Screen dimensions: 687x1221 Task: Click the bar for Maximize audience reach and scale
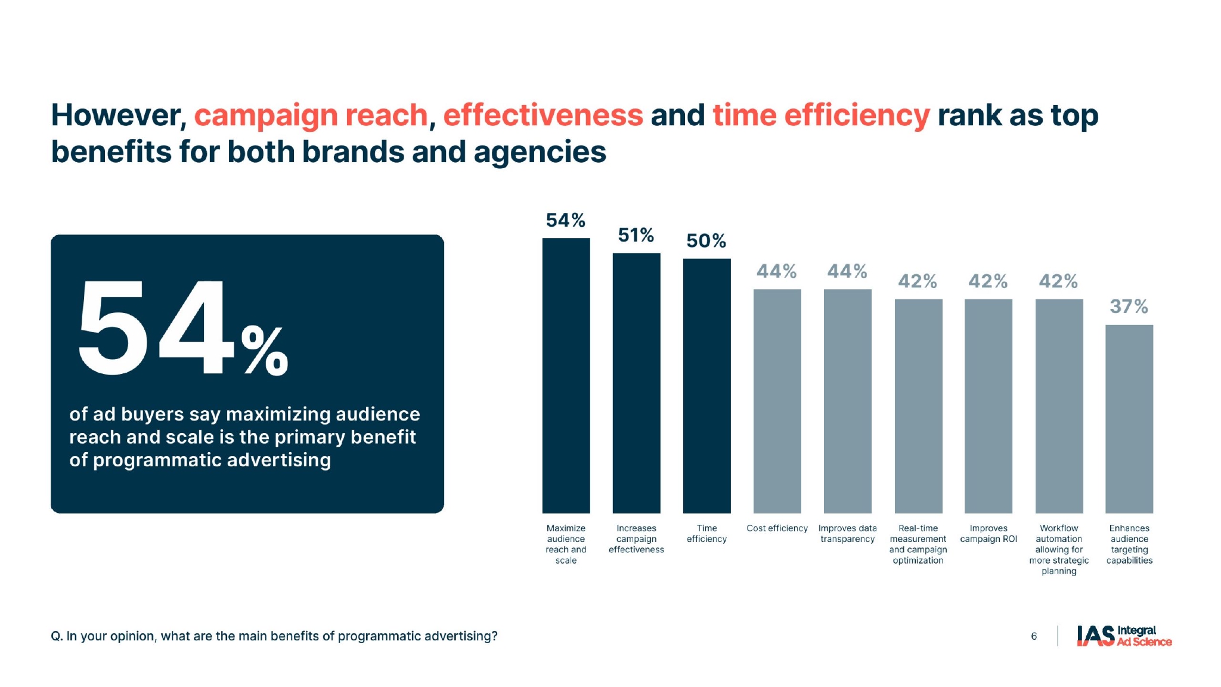[x=566, y=375]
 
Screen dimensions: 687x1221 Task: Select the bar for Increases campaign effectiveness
[x=636, y=383]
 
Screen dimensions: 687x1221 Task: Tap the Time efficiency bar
[x=706, y=385]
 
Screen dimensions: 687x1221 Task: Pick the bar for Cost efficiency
[x=777, y=401]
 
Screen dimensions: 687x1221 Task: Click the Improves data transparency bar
[x=847, y=401]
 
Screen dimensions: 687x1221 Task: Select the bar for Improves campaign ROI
[x=988, y=406]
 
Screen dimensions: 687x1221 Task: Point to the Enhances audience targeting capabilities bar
[x=1129, y=419]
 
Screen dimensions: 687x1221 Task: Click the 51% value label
[x=636, y=236]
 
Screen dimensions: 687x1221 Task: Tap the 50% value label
[x=706, y=241]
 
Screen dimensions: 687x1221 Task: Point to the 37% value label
[x=1129, y=307]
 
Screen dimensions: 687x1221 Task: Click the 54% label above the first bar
[x=566, y=221]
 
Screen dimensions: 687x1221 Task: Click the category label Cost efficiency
[x=777, y=528]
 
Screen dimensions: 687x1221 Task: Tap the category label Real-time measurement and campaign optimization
[x=918, y=544]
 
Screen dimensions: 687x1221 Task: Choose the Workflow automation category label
[x=1059, y=549]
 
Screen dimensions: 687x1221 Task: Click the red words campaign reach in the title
[x=311, y=115]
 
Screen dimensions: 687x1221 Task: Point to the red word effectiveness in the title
[x=543, y=115]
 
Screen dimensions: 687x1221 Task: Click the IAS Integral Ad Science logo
[x=1124, y=636]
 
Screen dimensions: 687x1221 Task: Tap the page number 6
[x=1034, y=636]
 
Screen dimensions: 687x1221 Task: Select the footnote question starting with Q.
[x=274, y=636]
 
